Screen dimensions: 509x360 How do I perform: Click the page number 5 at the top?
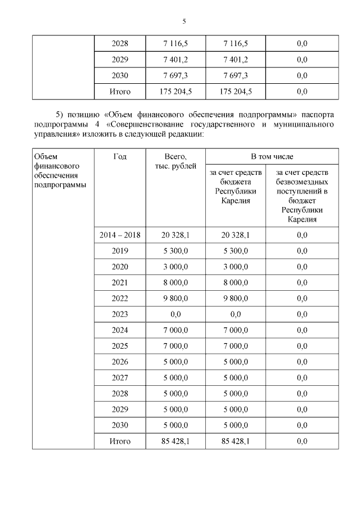[x=183, y=21]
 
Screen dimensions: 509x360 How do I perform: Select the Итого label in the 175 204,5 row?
[x=120, y=91]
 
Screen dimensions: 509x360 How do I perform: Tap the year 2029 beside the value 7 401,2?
[x=120, y=59]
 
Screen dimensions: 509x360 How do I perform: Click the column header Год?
[x=120, y=156]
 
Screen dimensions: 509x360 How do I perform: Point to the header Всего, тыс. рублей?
[x=175, y=161]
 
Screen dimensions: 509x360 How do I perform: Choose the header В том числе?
[x=272, y=156]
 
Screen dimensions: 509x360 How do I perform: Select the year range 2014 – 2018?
[x=120, y=235]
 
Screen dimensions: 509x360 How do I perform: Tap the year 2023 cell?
[x=120, y=314]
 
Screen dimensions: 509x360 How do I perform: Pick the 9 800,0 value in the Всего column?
[x=175, y=298]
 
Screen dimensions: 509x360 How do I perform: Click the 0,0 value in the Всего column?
[x=175, y=314]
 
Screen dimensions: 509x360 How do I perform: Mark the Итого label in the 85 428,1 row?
[x=120, y=442]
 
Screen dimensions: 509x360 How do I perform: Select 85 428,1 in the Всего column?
[x=175, y=442]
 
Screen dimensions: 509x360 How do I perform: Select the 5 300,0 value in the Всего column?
[x=175, y=251]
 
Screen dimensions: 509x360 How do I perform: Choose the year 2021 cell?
[x=120, y=282]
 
